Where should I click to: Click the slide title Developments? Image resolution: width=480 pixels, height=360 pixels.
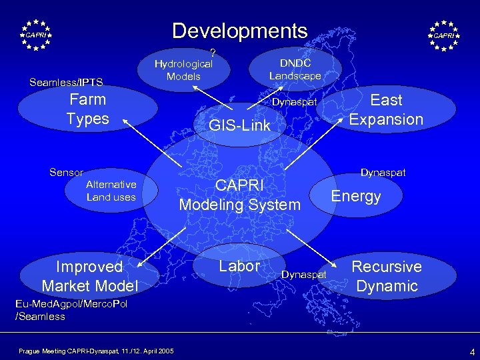click(240, 31)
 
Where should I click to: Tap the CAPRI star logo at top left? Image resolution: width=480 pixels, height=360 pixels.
click(36, 35)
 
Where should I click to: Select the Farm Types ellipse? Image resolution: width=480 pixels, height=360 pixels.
click(87, 110)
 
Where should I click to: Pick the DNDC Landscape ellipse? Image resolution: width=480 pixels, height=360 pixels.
click(295, 69)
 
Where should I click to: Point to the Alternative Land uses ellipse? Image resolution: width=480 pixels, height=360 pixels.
click(111, 191)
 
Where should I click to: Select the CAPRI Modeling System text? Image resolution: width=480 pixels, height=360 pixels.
click(239, 195)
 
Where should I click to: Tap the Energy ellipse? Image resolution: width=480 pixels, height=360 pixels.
click(356, 196)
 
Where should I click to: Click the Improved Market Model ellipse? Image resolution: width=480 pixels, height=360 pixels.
click(89, 276)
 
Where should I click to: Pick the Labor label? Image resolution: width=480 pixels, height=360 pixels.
click(239, 266)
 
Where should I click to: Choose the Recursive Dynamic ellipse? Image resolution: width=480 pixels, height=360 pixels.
click(387, 276)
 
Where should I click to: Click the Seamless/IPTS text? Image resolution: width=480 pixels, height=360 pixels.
click(66, 83)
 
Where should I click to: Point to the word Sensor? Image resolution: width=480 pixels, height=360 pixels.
click(66, 172)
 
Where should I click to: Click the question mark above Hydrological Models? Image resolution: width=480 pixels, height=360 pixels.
click(213, 53)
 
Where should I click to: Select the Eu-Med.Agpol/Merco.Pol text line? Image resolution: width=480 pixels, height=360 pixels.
click(71, 304)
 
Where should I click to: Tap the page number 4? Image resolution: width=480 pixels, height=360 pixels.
click(471, 351)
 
